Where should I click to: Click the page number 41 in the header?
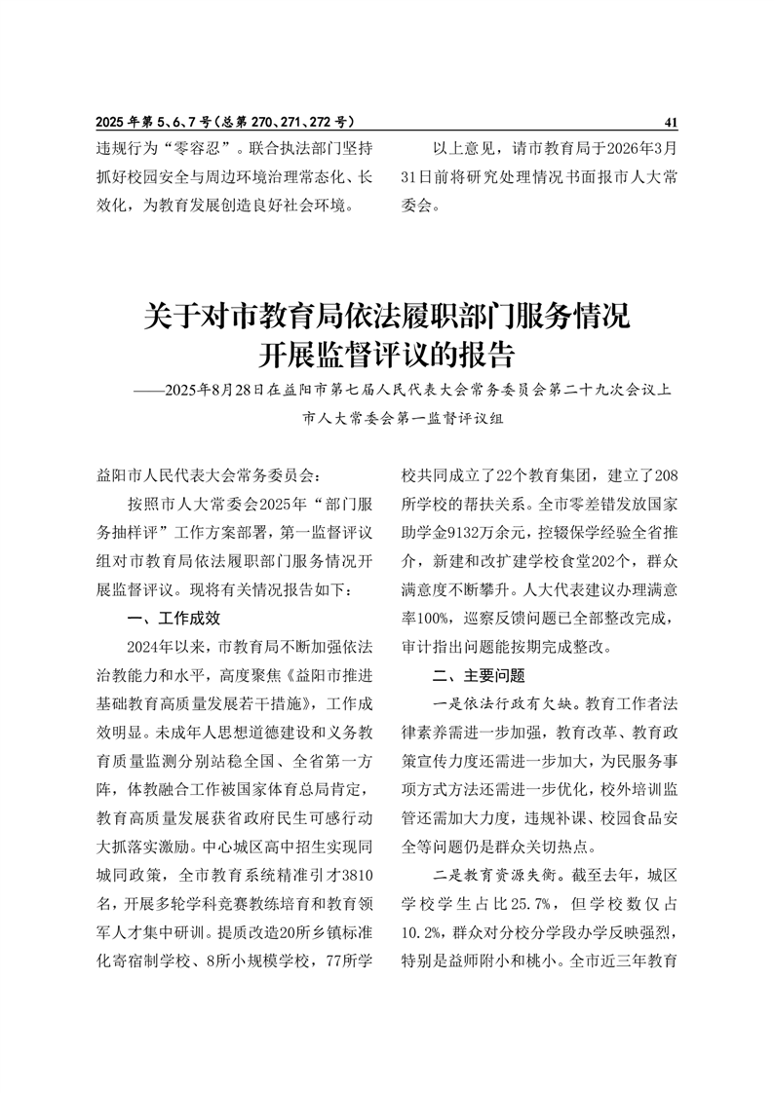[x=670, y=123]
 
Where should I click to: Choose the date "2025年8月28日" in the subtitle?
[x=215, y=391]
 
